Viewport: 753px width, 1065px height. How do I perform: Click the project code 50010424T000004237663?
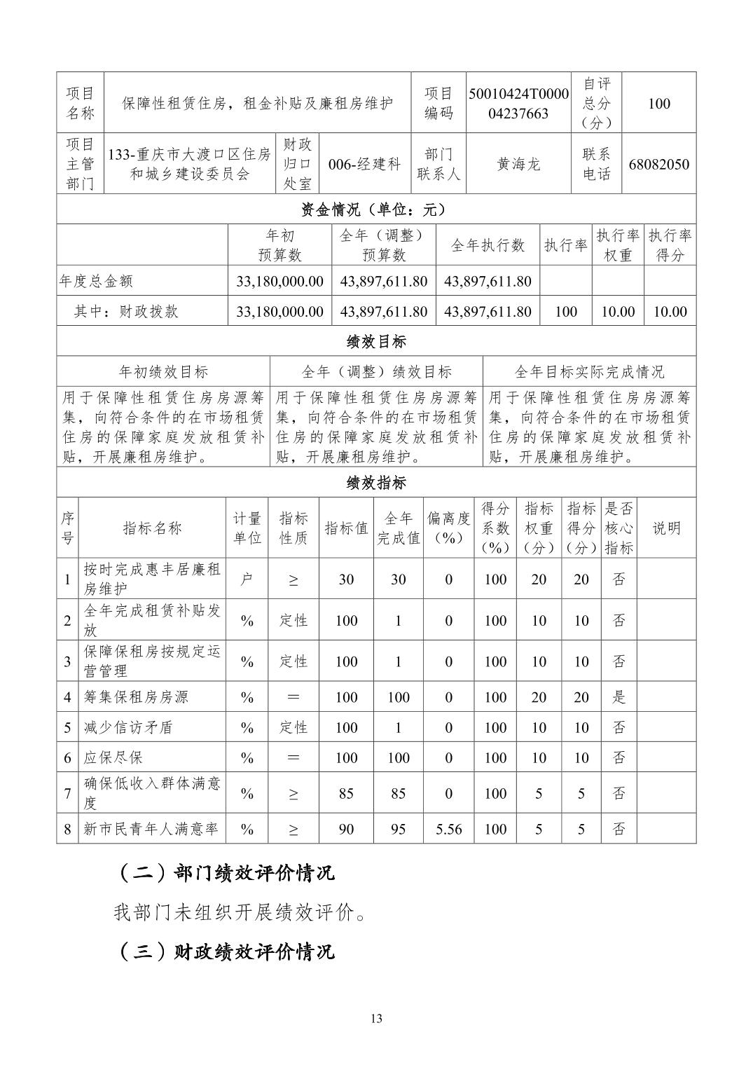pos(518,103)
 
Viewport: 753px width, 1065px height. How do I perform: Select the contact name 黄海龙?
pos(518,164)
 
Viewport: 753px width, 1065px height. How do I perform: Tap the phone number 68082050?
pos(658,164)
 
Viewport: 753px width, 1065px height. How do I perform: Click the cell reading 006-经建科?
pos(364,164)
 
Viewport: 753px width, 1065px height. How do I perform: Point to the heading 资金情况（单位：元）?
pos(376,209)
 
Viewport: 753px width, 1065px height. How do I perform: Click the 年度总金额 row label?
pos(96,281)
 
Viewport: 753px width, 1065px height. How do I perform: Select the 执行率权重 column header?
pos(618,245)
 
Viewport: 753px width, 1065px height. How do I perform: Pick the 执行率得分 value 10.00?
pos(670,312)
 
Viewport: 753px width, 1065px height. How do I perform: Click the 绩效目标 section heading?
pos(376,342)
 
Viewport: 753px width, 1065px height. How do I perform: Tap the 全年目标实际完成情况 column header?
pos(589,371)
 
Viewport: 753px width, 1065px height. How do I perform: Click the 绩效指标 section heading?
pos(376,483)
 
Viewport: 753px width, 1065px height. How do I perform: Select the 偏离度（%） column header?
pos(449,528)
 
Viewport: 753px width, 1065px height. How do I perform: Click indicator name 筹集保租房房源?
pos(136,697)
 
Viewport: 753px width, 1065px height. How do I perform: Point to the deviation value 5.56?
pos(449,829)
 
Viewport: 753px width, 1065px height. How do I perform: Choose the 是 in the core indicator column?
pos(619,697)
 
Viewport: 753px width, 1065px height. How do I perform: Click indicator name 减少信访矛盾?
pos(128,727)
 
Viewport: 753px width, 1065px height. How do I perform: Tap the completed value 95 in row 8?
pos(398,829)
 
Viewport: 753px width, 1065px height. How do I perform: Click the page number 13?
pos(377,1019)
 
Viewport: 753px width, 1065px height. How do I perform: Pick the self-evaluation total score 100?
pos(658,103)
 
